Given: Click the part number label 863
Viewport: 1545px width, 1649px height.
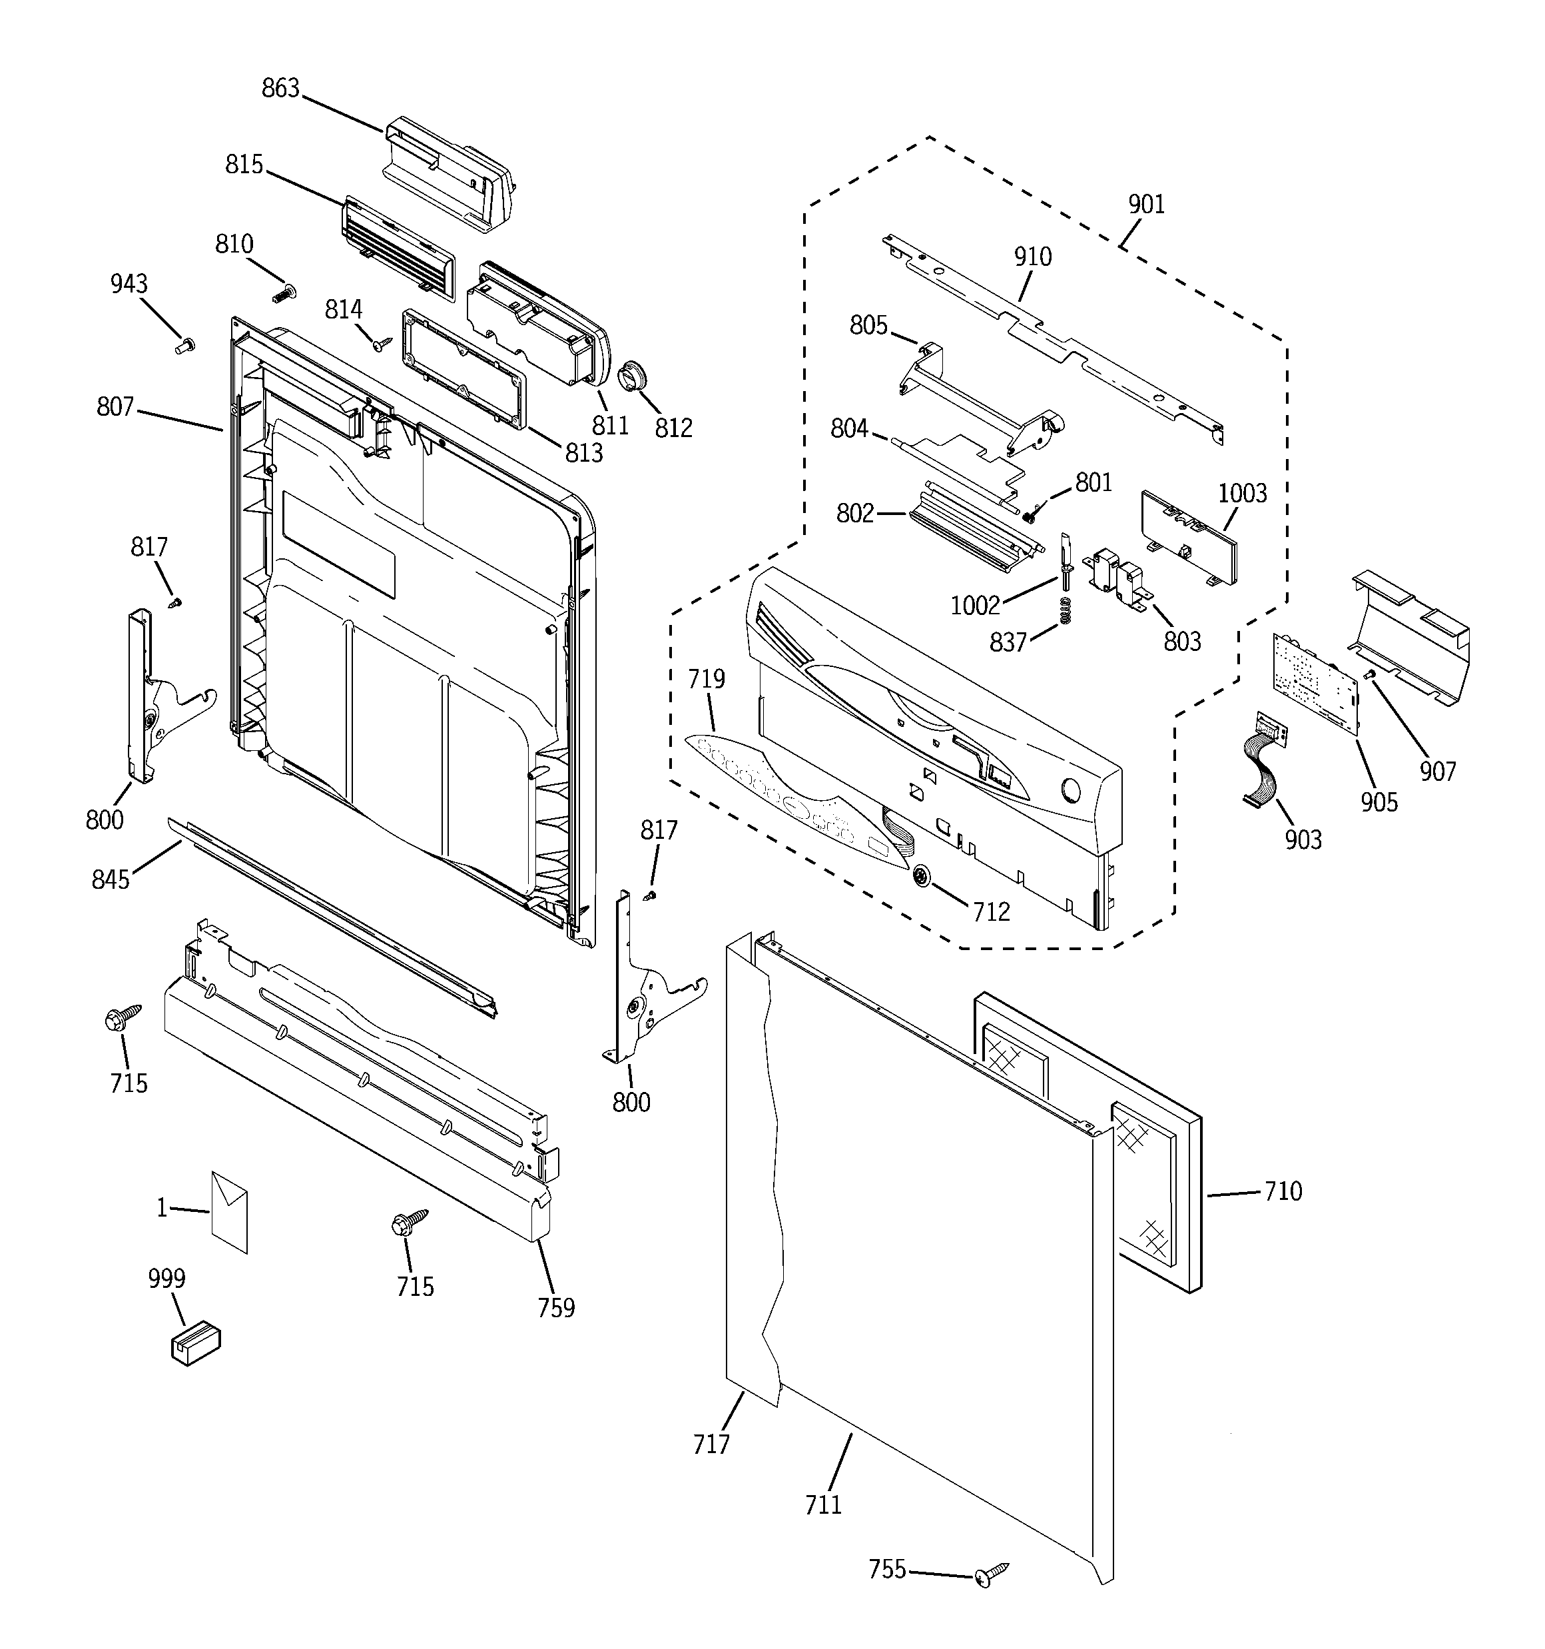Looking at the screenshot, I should [x=280, y=88].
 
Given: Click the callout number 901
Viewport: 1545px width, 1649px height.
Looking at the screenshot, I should [x=1146, y=204].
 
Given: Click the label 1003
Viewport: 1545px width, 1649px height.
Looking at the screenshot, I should [x=1241, y=493].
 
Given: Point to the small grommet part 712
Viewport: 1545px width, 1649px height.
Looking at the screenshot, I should [x=922, y=877].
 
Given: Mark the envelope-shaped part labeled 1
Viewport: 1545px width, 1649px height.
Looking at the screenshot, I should [x=229, y=1211].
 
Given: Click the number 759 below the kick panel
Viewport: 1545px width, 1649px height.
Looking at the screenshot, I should [x=555, y=1307].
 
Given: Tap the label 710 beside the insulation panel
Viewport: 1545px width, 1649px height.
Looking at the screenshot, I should [x=1282, y=1191].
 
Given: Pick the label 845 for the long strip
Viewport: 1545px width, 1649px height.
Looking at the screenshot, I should [x=111, y=879].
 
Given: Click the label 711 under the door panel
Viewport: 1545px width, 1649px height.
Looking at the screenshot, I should [x=822, y=1504].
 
